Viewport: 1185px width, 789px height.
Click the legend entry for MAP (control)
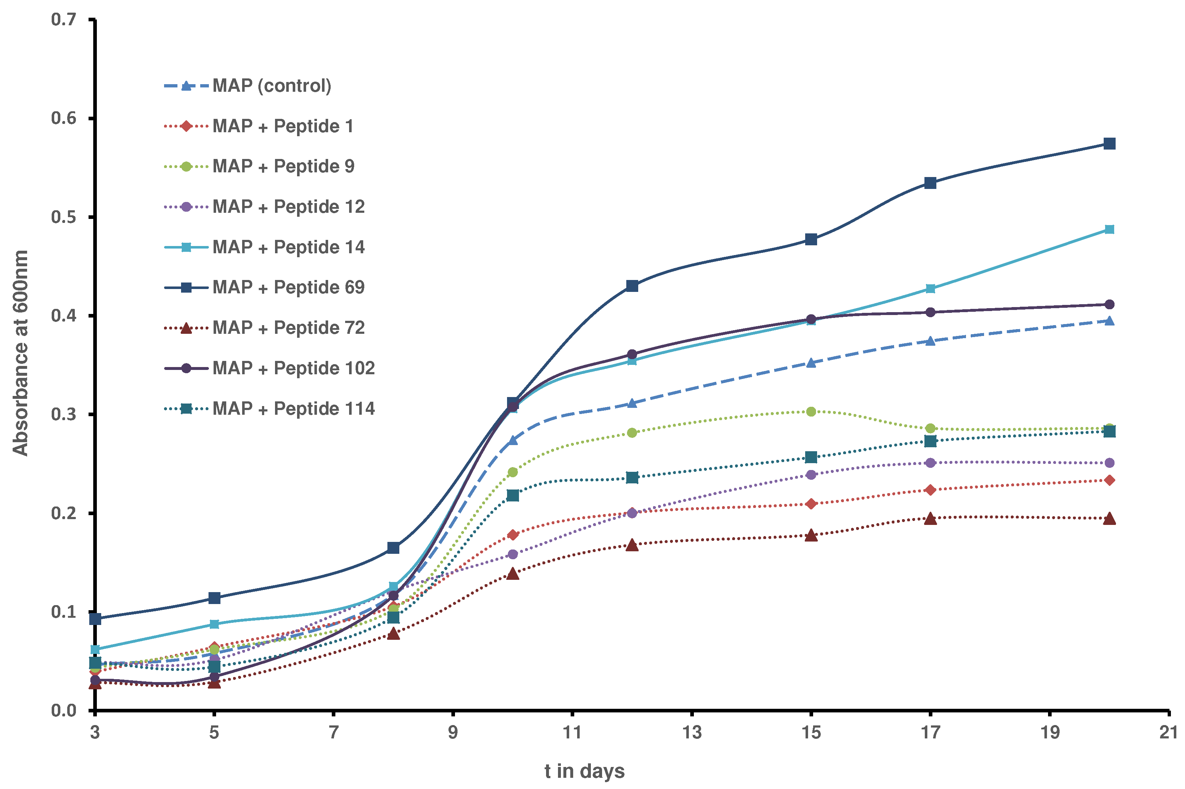pyautogui.click(x=271, y=86)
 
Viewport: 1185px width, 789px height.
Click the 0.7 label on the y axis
pyautogui.click(x=64, y=20)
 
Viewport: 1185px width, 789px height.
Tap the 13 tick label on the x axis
pyautogui.click(x=691, y=733)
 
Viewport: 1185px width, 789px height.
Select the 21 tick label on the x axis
pyautogui.click(x=1168, y=733)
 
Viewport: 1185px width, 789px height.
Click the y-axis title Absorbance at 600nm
pyautogui.click(x=20, y=353)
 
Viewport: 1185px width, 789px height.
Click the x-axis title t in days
pyautogui.click(x=584, y=771)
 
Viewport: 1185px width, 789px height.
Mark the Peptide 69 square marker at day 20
pyautogui.click(x=1109, y=144)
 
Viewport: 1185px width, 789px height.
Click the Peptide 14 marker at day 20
pyautogui.click(x=1109, y=229)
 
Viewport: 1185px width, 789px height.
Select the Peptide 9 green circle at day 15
pyautogui.click(x=811, y=411)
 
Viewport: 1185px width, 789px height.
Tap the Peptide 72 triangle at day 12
pyautogui.click(x=632, y=545)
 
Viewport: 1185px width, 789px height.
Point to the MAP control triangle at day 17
pyautogui.click(x=930, y=341)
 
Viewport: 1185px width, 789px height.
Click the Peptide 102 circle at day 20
pyautogui.click(x=1109, y=305)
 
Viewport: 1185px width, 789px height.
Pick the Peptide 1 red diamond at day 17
pyautogui.click(x=930, y=490)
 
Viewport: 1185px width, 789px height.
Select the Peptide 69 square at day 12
pyautogui.click(x=632, y=286)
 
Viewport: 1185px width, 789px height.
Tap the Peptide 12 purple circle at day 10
pyautogui.click(x=512, y=554)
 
